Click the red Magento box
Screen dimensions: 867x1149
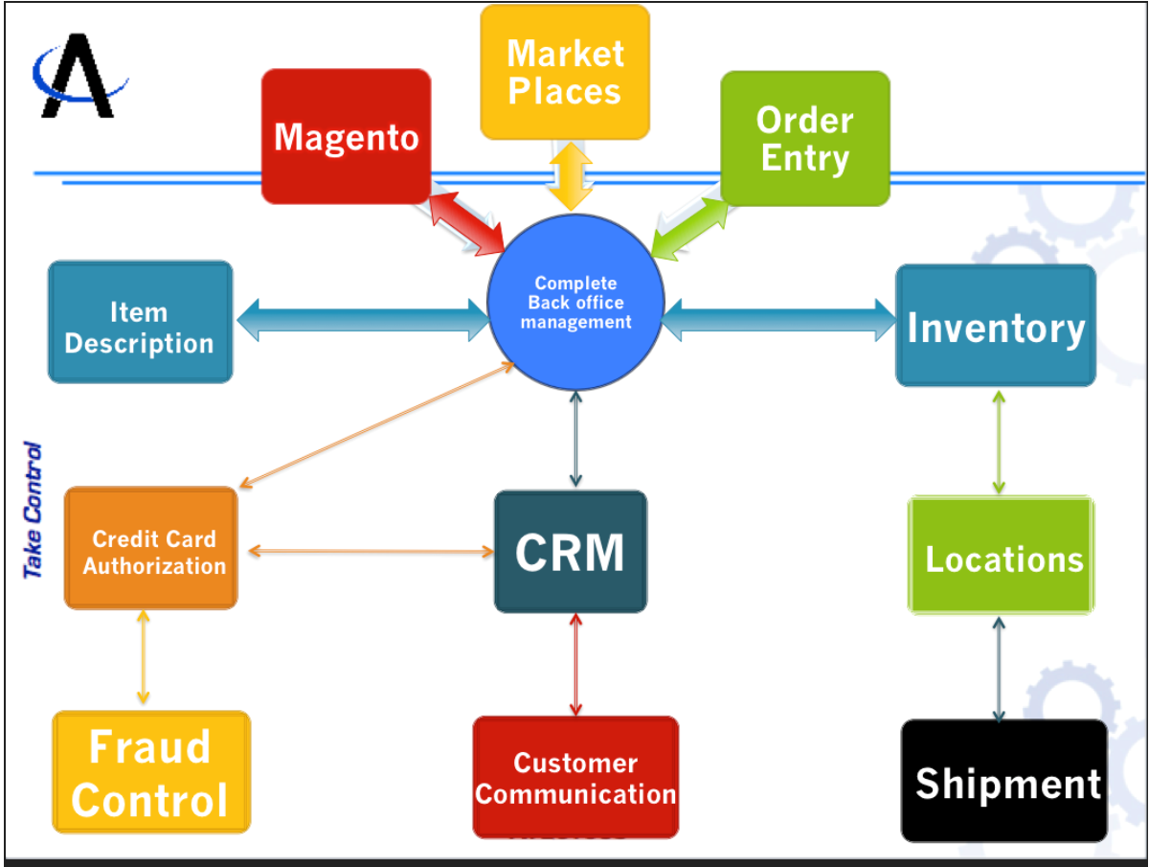[346, 136]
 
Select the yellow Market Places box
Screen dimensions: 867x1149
[564, 72]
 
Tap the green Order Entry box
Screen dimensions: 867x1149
[804, 138]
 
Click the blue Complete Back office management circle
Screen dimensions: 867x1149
[575, 302]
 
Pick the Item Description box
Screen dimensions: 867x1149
[140, 322]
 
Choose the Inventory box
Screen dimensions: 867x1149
[995, 326]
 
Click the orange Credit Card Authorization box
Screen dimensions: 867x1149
[151, 548]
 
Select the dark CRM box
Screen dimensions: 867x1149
[570, 552]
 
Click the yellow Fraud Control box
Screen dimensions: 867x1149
[150, 772]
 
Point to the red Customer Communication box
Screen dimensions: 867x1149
[575, 777]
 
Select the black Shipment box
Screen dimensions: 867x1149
[1004, 781]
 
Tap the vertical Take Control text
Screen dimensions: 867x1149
[34, 510]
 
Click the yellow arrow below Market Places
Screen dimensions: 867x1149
[570, 175]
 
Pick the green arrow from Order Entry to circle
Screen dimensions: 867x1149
[687, 228]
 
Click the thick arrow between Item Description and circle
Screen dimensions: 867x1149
[362, 319]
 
